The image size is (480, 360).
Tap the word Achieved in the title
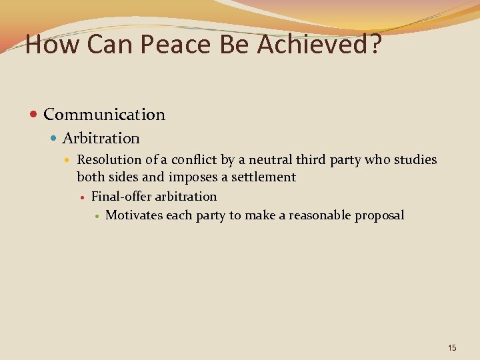[x=313, y=45]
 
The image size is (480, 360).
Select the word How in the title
[x=49, y=45]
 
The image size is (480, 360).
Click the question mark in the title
[x=375, y=45]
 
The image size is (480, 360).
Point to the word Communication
[x=104, y=115]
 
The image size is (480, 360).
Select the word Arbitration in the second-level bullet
[x=101, y=139]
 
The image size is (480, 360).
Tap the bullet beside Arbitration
[x=55, y=139]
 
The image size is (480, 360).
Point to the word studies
[x=415, y=160]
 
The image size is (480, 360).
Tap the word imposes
[x=190, y=177]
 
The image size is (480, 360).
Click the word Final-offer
[x=121, y=197]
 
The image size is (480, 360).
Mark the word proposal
[x=379, y=215]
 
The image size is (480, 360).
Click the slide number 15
[x=452, y=348]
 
